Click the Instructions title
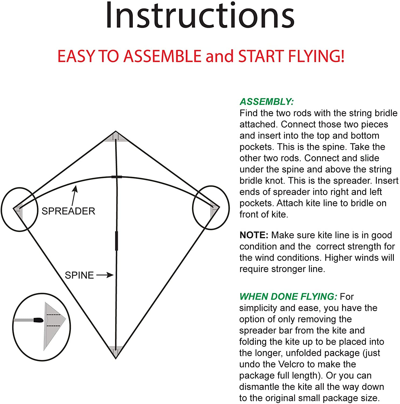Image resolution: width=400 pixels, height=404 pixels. (x=200, y=15)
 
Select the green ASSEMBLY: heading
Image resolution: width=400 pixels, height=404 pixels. (x=266, y=102)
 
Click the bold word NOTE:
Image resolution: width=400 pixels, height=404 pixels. (x=254, y=235)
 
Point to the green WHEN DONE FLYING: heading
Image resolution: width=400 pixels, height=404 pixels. (x=288, y=297)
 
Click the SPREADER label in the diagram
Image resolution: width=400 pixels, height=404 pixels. (x=68, y=211)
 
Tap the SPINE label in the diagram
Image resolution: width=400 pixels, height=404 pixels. (x=79, y=275)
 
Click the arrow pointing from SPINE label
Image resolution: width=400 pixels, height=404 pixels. (x=105, y=275)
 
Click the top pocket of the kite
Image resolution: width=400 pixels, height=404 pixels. (x=116, y=137)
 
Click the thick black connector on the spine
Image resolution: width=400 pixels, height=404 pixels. (x=116, y=241)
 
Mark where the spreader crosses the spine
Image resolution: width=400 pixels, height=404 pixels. (x=116, y=177)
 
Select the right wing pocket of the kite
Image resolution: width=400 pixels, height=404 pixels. (x=215, y=210)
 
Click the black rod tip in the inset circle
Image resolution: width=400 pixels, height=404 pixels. (x=38, y=320)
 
